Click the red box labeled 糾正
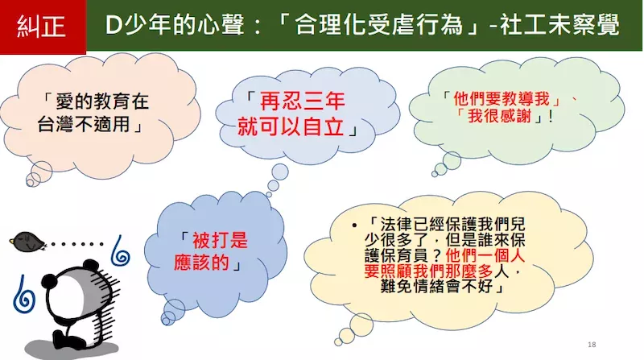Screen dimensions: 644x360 [43, 27]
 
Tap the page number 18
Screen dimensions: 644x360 [592, 345]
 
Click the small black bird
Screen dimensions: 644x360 [28, 242]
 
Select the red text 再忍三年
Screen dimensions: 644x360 [302, 101]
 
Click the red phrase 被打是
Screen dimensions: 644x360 [220, 240]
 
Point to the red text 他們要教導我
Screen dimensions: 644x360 [501, 99]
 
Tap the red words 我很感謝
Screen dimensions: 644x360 [499, 116]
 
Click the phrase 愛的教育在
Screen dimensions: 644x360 [102, 101]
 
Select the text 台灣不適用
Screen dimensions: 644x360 [84, 123]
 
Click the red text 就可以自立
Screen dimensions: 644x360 [291, 126]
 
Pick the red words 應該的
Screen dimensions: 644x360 [201, 262]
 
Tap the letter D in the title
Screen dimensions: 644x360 [113, 26]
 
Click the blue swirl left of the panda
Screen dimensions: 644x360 [24, 295]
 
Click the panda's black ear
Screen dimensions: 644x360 [50, 281]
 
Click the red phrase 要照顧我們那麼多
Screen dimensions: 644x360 [428, 271]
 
